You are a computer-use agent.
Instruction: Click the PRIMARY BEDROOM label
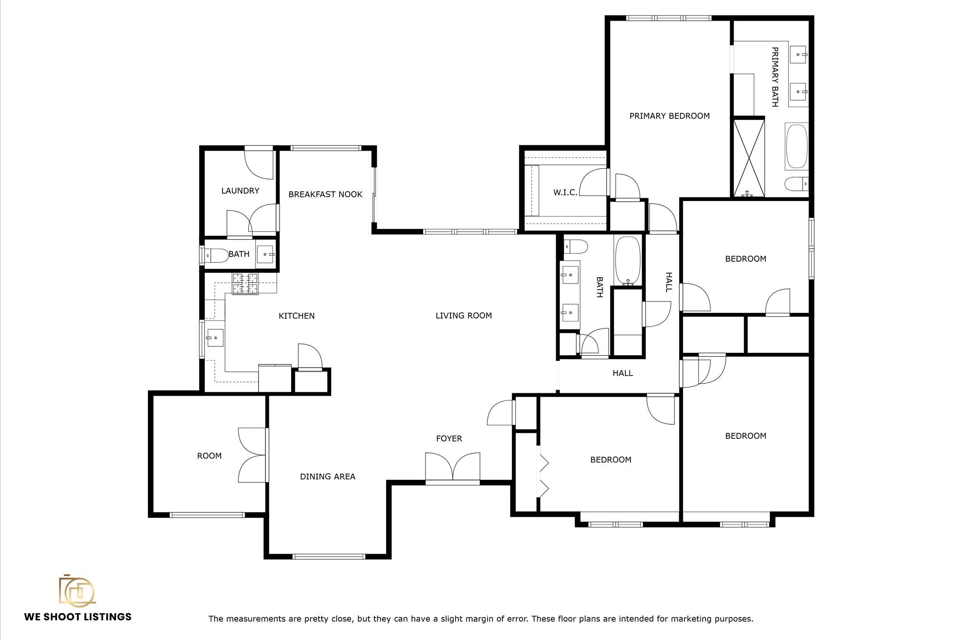669,116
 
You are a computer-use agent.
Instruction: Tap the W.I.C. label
565,193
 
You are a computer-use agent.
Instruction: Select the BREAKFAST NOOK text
325,195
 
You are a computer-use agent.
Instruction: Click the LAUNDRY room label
240,191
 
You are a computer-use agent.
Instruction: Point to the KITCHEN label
296,316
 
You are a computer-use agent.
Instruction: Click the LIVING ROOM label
463,316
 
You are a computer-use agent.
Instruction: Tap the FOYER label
449,438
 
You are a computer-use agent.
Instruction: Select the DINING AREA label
327,476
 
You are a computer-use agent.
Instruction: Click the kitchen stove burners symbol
245,284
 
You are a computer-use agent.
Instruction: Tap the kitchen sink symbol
215,337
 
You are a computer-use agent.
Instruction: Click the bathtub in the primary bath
796,146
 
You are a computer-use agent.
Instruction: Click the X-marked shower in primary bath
749,157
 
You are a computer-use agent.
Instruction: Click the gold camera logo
77,590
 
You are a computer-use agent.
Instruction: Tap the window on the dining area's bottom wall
328,556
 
